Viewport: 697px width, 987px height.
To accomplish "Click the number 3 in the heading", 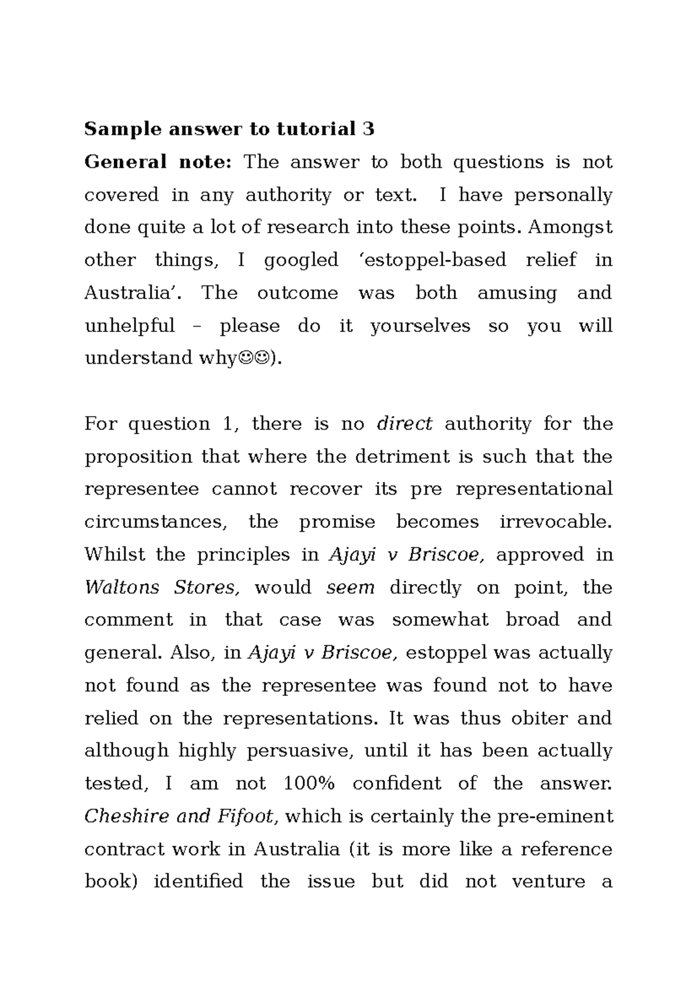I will [368, 128].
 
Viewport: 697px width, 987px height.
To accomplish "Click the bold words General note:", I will [158, 162].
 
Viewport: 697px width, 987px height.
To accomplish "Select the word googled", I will [301, 260].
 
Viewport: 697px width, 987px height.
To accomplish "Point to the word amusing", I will [516, 292].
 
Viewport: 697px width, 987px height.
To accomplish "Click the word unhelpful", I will [130, 325].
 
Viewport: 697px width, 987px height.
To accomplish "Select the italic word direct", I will [404, 424].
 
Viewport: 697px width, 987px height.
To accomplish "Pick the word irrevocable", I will [555, 521].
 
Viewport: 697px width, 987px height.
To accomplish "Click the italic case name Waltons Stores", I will [161, 587].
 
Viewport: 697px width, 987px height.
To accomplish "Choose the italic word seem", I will [350, 587].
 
